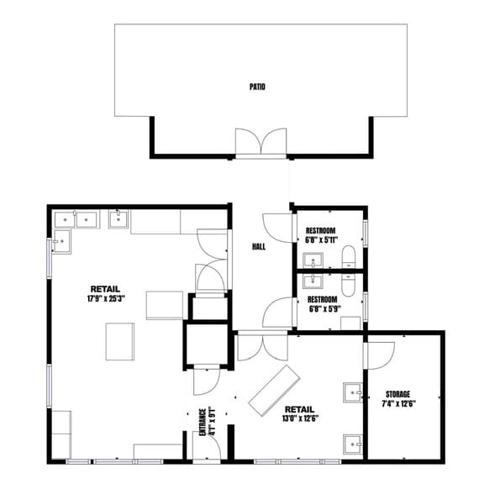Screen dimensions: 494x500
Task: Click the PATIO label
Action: click(x=257, y=86)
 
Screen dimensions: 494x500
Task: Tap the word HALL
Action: click(x=260, y=247)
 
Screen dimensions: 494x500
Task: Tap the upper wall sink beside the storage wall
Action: click(x=353, y=391)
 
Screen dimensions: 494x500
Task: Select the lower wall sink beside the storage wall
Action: click(x=353, y=444)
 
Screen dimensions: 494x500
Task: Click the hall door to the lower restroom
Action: click(x=276, y=313)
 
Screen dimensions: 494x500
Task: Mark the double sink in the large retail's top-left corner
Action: click(x=76, y=220)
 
